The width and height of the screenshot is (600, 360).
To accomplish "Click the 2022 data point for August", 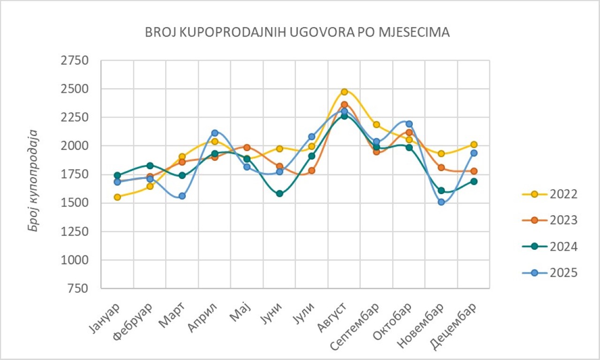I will coord(344,92).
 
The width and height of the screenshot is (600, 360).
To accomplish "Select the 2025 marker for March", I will coord(182,196).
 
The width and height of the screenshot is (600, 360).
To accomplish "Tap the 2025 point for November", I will coord(441,202).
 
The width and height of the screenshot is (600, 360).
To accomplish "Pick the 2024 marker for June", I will coord(280,194).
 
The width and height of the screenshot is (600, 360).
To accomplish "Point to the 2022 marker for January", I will coord(117,197).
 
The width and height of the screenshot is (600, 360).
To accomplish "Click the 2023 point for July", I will coord(311,171).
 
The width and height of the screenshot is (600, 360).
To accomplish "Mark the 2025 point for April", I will coord(215,133).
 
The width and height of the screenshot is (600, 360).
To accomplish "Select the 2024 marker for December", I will coord(474,181).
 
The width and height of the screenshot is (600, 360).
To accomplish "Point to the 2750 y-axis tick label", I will coord(75,61).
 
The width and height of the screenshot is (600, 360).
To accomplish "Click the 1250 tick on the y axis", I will coord(75,232).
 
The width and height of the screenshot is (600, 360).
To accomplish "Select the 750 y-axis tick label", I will coord(78,289).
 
